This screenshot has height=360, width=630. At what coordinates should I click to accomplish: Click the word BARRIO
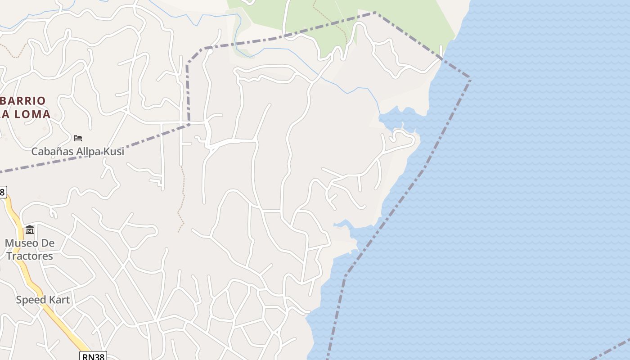[x=23, y=100]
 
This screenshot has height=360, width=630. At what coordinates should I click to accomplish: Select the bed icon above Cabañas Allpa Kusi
[x=78, y=138]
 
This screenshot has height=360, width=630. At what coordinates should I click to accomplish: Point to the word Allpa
[x=86, y=152]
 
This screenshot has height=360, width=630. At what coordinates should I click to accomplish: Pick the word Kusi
[x=114, y=152]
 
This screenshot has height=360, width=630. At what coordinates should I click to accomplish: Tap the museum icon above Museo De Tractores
[x=30, y=230]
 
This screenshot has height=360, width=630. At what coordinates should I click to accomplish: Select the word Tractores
[x=29, y=256]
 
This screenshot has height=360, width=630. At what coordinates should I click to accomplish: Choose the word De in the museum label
[x=48, y=243]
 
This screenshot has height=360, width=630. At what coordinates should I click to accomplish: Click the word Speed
[x=31, y=300]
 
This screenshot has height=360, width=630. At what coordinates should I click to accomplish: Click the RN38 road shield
[x=93, y=356]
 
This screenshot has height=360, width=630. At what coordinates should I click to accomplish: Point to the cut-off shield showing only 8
[x=2, y=192]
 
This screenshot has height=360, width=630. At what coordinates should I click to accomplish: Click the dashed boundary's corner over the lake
[x=470, y=79]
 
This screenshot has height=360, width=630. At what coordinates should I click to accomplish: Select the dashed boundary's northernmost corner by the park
[x=376, y=13]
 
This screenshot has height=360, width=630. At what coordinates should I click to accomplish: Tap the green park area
[x=405, y=22]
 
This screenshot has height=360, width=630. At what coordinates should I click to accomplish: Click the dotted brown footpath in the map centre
[x=182, y=198]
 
